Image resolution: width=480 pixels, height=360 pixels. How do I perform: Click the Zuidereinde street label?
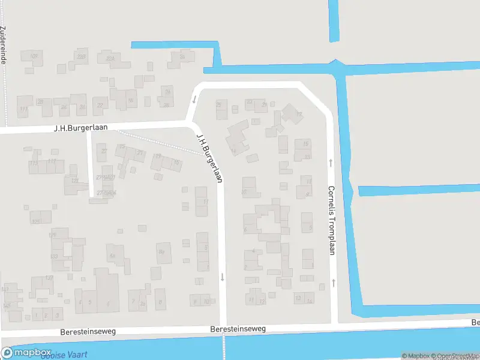point(4,46)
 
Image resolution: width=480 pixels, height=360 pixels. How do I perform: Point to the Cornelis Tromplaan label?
point(331,220)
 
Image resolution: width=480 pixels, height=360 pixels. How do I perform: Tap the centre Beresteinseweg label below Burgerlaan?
point(238,329)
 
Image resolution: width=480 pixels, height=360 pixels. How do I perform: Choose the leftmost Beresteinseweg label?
point(88,331)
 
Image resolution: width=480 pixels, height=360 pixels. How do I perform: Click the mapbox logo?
point(26,353)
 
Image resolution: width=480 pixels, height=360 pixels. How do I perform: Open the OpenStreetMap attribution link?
point(456,356)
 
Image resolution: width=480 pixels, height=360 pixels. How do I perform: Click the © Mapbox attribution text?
point(416,356)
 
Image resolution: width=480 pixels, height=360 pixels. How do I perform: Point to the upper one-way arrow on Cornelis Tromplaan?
point(331,163)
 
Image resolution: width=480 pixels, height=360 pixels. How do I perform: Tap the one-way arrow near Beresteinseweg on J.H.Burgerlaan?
point(222,277)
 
